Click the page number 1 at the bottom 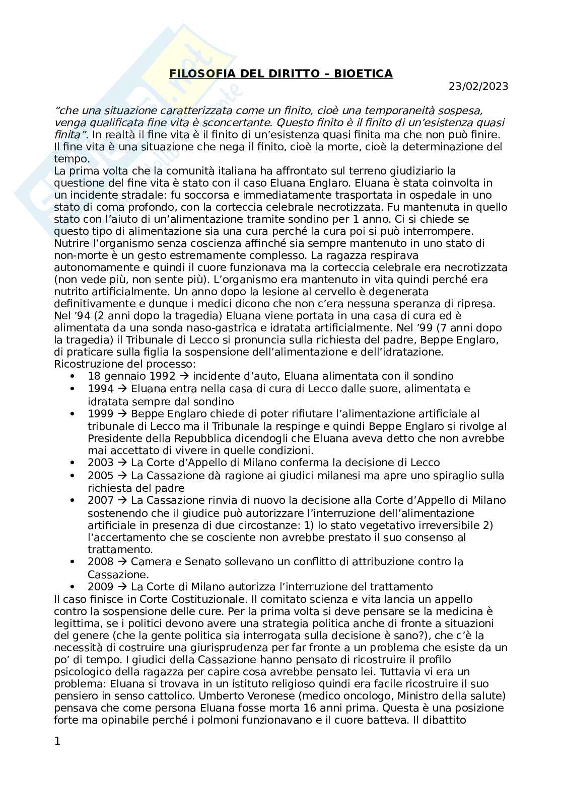57,741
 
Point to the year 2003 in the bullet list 101,463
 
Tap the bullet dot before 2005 74,476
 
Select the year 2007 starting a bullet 101,500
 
